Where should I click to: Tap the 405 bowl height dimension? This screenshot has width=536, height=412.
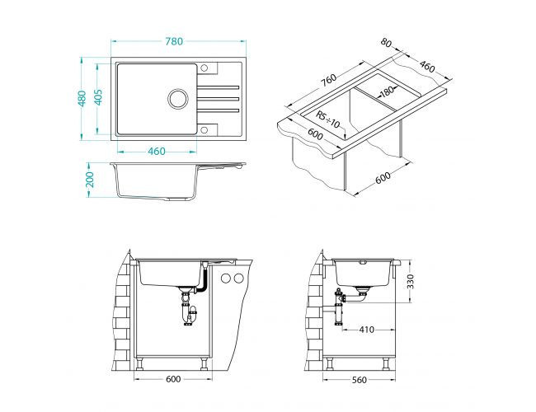click(98, 98)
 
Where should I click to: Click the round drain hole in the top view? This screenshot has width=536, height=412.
click(178, 99)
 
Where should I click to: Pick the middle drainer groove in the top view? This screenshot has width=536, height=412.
click(219, 99)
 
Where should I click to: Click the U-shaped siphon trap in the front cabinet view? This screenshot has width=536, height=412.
click(190, 312)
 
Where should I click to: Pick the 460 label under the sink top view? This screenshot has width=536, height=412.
click(158, 151)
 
